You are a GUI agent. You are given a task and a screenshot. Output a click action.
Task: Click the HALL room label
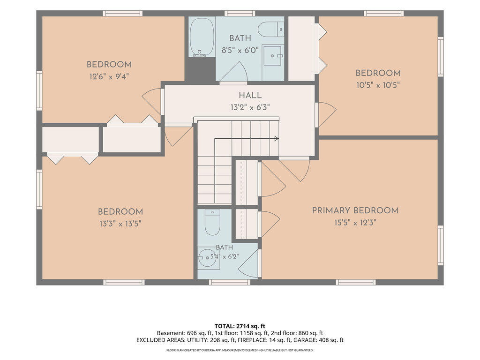(x=250, y=95)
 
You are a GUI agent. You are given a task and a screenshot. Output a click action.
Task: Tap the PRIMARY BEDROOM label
(x=355, y=210)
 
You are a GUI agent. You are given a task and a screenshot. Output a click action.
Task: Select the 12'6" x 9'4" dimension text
(x=109, y=76)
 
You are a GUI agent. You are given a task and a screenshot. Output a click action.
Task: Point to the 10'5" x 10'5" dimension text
(x=378, y=85)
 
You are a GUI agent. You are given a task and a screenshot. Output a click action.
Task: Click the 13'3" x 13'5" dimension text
(x=120, y=224)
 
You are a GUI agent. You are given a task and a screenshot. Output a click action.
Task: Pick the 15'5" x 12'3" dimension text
(x=355, y=223)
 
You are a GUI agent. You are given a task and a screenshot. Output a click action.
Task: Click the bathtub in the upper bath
(x=202, y=37)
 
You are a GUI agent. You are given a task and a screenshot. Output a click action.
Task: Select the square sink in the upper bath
(x=273, y=55)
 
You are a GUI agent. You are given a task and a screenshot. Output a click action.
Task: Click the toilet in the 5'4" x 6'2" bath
(x=212, y=222)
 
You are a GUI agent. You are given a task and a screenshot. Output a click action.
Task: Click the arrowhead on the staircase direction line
(x=277, y=139)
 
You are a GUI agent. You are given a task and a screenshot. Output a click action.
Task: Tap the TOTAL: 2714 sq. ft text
(x=240, y=326)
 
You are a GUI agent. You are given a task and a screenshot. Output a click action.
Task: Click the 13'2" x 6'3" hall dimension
(x=250, y=107)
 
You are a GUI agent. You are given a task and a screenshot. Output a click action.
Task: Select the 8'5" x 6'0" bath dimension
(x=240, y=50)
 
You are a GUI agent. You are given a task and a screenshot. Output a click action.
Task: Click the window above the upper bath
(x=235, y=13)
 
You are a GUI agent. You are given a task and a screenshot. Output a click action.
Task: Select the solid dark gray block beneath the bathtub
(x=200, y=69)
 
